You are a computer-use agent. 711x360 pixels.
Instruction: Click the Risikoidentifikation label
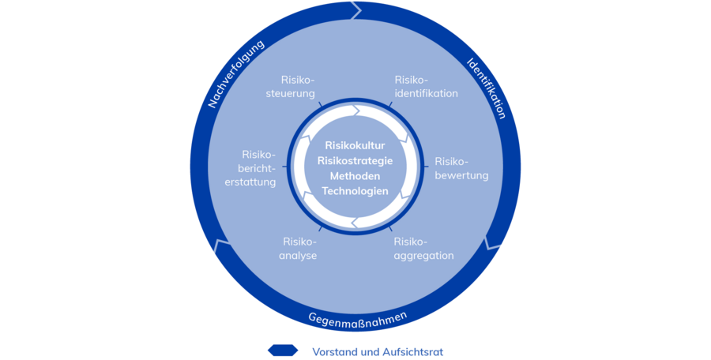coord(426,87)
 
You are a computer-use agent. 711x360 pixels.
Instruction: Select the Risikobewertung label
coord(461,168)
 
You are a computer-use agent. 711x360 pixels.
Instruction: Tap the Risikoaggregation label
coord(423,249)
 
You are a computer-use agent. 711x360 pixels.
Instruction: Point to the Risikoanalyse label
coord(299,249)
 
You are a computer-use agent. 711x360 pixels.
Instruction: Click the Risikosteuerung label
coord(298,87)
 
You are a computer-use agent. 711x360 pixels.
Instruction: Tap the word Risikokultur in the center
coord(355,145)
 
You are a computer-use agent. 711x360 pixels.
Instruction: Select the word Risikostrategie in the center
coord(355,161)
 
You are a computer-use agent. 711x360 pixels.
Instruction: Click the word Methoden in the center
coord(355,176)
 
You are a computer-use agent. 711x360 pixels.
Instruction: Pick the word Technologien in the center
coord(355,191)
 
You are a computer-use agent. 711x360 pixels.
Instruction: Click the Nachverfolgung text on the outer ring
coord(235,73)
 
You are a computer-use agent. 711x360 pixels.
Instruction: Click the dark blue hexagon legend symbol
coord(283,350)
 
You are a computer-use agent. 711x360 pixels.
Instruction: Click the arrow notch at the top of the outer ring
coord(356,10)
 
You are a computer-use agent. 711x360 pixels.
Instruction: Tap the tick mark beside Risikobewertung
coord(427,166)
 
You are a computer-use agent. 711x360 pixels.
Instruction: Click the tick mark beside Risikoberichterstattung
coord(284,167)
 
